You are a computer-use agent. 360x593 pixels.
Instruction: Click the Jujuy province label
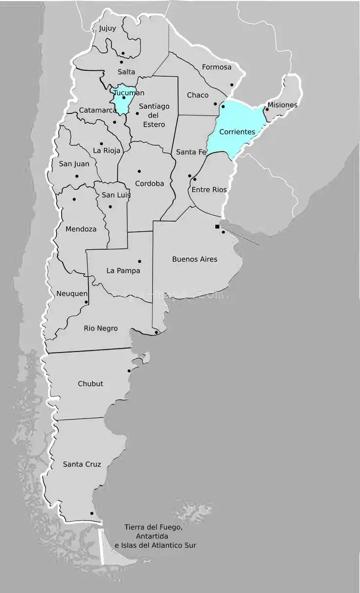tap(108, 28)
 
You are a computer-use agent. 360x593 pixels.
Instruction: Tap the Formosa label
tap(217, 67)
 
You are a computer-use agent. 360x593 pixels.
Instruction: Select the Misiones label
tap(282, 105)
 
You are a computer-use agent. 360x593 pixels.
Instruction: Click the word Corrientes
tap(237, 132)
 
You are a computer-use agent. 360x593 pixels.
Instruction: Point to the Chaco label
tap(198, 95)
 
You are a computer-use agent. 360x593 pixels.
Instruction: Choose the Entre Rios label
tap(209, 190)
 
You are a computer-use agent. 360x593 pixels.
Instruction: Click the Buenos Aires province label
tap(195, 259)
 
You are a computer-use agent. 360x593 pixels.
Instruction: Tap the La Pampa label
tap(123, 271)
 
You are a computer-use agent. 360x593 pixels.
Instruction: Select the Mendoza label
tap(81, 229)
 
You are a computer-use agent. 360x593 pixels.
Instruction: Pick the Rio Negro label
tap(101, 329)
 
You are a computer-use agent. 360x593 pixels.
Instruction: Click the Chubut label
tap(90, 384)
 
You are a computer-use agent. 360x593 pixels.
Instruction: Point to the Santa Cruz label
tap(82, 464)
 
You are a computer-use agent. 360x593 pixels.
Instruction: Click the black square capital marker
tap(217, 227)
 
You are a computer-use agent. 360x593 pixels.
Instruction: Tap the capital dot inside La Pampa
tap(139, 261)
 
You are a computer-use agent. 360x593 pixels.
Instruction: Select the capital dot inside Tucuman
tap(124, 98)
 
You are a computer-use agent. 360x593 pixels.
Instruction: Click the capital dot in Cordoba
tap(139, 171)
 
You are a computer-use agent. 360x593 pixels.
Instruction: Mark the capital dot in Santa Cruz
tap(92, 513)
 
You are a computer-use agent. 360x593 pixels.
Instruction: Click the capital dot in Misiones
tap(267, 109)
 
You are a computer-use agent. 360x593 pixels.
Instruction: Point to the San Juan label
tap(74, 164)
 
